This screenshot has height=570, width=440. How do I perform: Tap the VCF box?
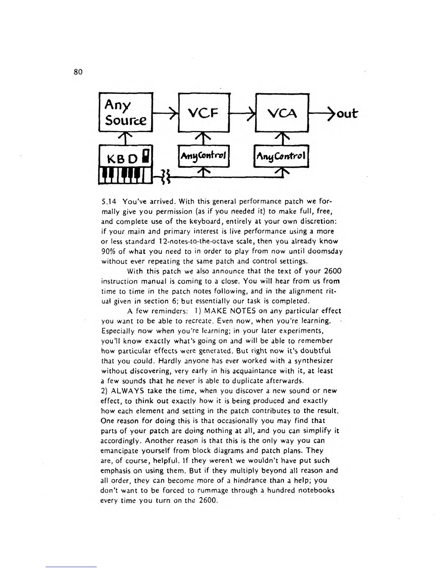click(x=204, y=113)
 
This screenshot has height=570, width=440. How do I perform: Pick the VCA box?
click(x=282, y=113)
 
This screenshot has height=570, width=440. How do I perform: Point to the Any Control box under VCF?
click(x=204, y=156)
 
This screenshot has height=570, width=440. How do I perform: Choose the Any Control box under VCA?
click(x=281, y=156)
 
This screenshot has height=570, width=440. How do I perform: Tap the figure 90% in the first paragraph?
click(x=108, y=251)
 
